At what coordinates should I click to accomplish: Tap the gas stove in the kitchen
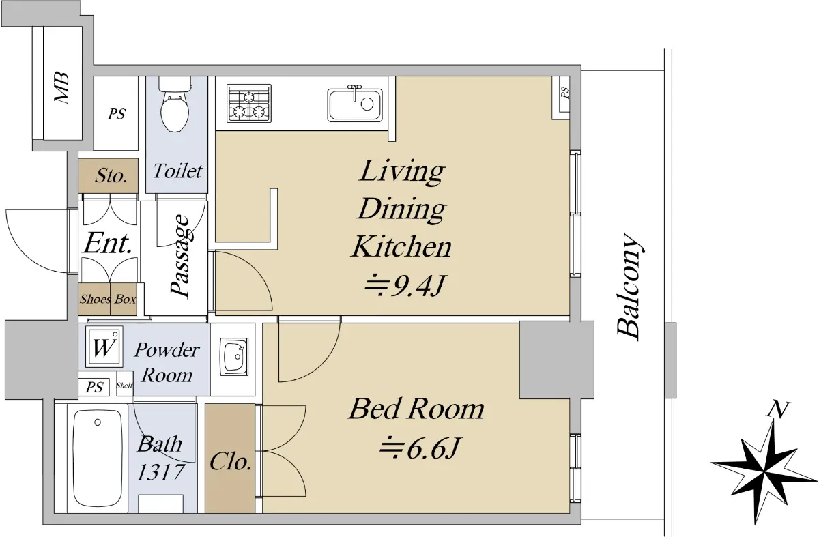249,103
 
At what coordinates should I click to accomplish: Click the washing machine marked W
104,347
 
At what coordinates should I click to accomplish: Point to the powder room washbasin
234,356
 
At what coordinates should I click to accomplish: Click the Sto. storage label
111,176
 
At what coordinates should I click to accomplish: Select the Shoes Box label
108,300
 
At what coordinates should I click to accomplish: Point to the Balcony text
630,286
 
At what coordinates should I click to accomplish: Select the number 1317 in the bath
160,472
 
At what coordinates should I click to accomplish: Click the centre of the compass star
764,473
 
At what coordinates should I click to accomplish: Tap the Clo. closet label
231,462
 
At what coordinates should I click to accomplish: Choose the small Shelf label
125,386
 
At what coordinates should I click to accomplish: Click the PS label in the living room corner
565,93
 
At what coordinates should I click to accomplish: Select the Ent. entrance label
108,244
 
